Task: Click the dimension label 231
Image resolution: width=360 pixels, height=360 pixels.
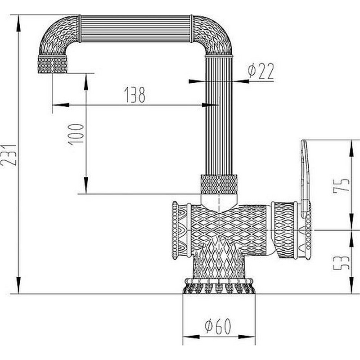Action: pos(9,155)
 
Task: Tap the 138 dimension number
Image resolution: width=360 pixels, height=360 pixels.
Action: pos(135,94)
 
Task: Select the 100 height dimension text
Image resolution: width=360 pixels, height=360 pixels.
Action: pos(76,134)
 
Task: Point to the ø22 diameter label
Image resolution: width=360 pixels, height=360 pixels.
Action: pos(261,71)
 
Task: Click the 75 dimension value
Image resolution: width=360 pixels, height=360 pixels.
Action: pos(342,185)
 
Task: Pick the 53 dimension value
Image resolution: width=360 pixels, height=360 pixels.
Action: pos(342,263)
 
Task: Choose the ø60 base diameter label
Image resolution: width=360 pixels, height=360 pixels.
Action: pos(218,326)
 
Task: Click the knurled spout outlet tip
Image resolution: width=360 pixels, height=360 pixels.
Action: pos(53,64)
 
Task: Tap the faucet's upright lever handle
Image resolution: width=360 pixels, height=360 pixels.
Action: pos(305,179)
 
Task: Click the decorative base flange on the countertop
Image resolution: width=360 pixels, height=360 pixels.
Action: pos(219,286)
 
